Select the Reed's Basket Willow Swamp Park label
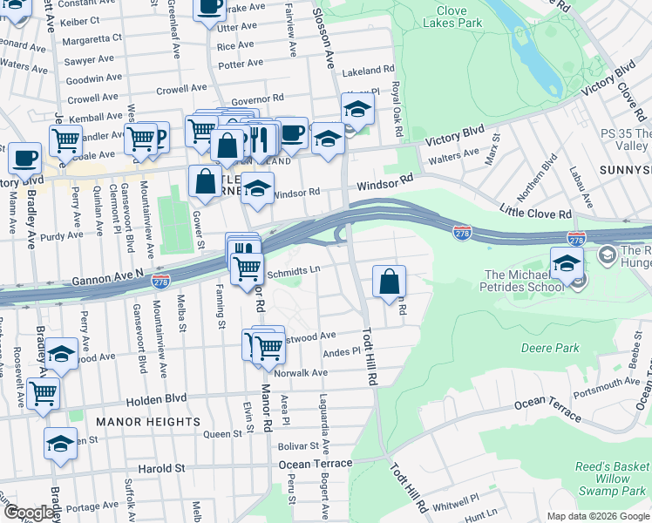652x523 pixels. (612, 479)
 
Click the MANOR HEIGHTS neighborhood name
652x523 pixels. (148, 422)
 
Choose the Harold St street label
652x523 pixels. (162, 468)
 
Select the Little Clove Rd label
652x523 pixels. (535, 210)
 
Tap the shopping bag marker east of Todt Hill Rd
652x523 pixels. (390, 282)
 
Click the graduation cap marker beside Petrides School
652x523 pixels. (567, 262)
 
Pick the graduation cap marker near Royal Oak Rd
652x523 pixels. (357, 110)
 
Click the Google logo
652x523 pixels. (30, 513)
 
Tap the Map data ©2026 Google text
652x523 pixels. (598, 516)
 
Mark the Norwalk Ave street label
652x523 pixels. (301, 373)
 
